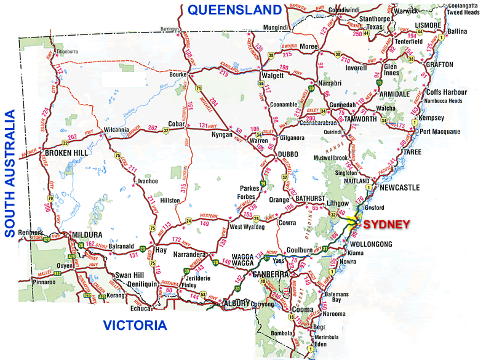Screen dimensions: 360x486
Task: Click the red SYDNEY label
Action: (386, 225)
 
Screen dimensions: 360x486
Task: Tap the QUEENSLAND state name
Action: (234, 9)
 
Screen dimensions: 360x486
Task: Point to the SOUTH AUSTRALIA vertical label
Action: (10, 174)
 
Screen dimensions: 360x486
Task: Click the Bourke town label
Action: (178, 74)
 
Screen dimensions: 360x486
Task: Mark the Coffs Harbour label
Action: (446, 92)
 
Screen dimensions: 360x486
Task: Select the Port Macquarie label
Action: (440, 131)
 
